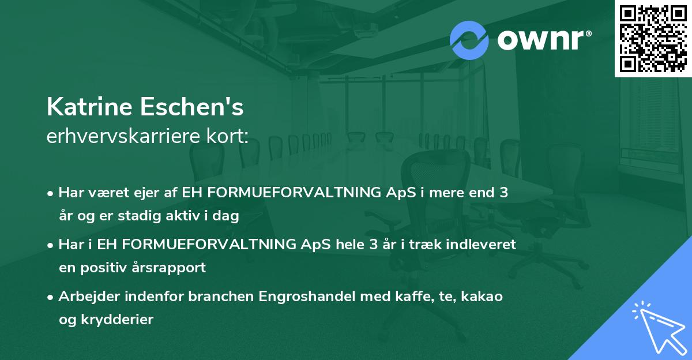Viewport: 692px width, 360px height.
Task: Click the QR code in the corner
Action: pos(653,39)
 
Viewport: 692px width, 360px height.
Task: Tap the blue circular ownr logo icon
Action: pos(469,39)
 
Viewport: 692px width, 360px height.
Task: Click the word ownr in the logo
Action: pos(544,39)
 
